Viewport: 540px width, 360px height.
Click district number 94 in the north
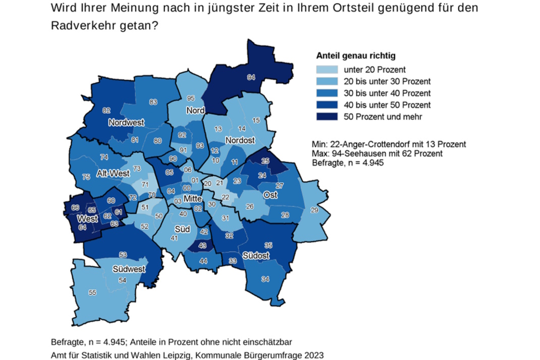point(250,77)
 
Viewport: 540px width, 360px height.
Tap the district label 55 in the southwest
point(92,292)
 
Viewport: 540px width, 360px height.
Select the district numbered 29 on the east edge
point(314,210)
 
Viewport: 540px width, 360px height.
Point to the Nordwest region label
point(126,123)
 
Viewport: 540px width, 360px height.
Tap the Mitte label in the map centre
point(193,198)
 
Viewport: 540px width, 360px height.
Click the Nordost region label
point(240,140)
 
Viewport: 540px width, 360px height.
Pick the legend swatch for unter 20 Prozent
point(327,70)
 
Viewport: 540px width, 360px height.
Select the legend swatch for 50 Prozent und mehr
point(327,117)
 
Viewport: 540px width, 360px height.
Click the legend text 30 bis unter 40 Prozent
point(387,93)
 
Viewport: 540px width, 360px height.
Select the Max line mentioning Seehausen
point(378,153)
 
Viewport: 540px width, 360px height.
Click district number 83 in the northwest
point(153,102)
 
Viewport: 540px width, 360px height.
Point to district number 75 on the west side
point(86,177)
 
